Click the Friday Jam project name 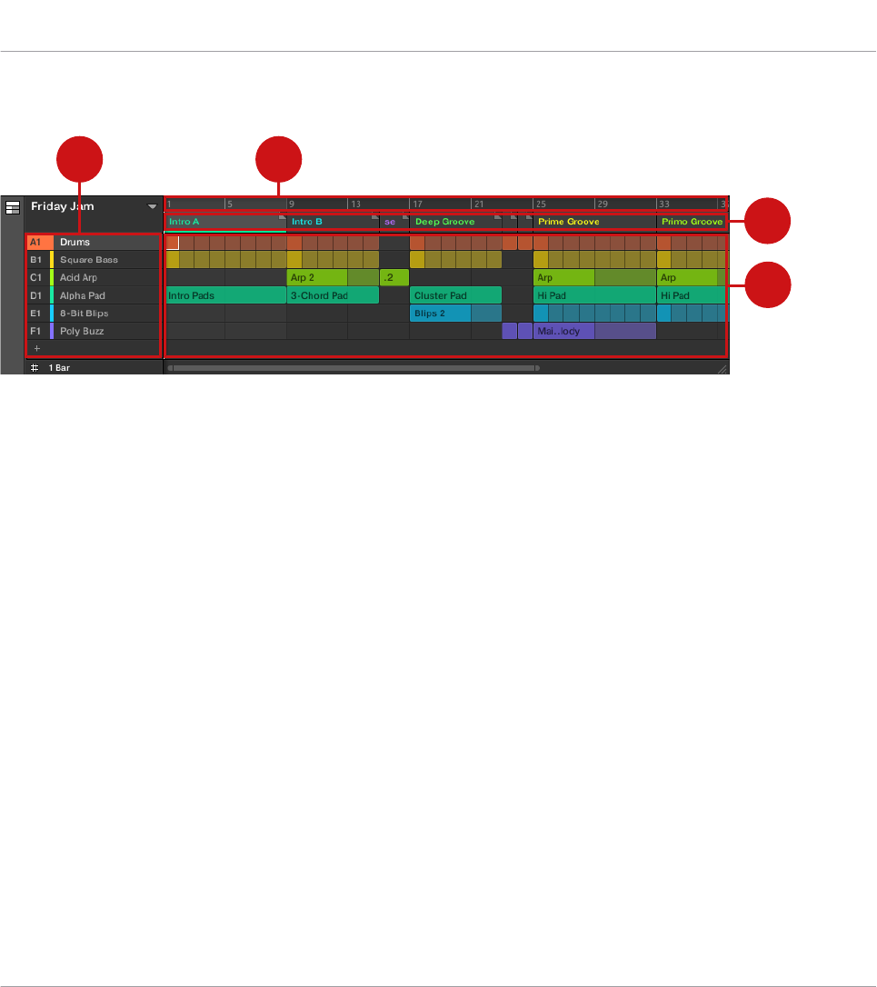(x=62, y=206)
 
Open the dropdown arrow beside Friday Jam (x=153, y=207)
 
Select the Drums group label (x=75, y=243)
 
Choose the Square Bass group (x=88, y=260)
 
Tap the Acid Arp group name (x=78, y=278)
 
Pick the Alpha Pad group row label (x=82, y=295)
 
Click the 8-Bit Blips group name (x=84, y=314)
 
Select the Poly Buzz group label (x=82, y=331)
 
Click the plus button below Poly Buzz (x=37, y=348)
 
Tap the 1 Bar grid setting (x=59, y=368)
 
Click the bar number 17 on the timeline (x=418, y=204)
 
